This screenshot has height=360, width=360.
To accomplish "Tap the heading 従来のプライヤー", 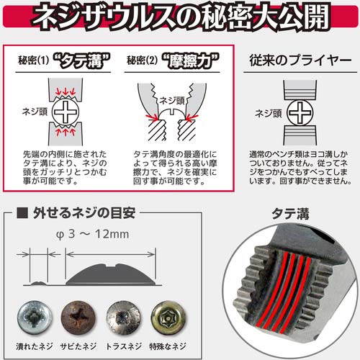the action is [x=300, y=60].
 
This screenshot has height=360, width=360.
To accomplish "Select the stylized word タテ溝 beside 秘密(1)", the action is [x=81, y=60].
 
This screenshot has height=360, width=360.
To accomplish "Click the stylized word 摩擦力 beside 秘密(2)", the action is [x=191, y=60].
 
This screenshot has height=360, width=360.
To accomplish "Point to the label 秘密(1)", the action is [x=33, y=60].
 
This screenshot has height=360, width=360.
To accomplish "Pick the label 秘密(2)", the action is [x=142, y=60].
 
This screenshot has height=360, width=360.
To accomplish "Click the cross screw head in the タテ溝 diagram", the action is [x=66, y=112].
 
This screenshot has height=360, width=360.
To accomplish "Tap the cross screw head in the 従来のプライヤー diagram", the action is [x=300, y=113].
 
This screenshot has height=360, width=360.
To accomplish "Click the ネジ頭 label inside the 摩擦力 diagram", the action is [x=172, y=101].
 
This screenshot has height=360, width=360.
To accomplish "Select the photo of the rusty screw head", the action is [x=78, y=318].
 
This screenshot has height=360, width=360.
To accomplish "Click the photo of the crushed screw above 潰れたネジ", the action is [x=35, y=318].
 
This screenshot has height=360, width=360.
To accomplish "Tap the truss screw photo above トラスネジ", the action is [x=124, y=318].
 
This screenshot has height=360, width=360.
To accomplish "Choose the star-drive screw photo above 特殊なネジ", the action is [x=168, y=318].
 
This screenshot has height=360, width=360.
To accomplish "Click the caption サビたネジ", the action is [x=78, y=346].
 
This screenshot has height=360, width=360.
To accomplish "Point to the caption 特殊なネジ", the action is [x=168, y=346].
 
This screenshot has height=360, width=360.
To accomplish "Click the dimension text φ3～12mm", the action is [x=93, y=234].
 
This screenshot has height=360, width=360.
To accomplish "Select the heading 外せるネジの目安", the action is [x=84, y=213].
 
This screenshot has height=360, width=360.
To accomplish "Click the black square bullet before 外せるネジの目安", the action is [x=22, y=212].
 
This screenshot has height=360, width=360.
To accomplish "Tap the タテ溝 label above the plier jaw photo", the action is [x=290, y=214].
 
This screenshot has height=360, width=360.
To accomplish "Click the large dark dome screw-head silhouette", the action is [x=111, y=275].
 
